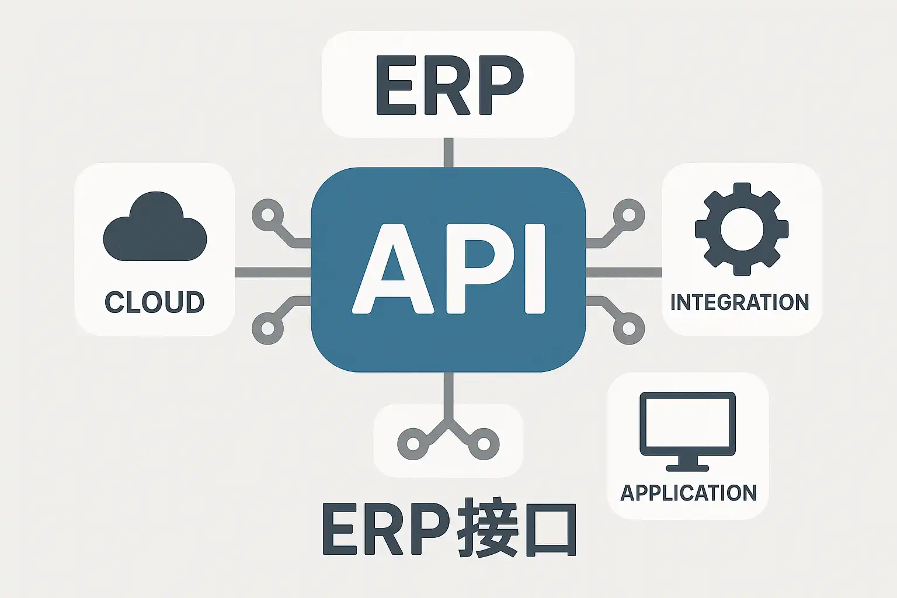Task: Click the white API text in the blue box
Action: (x=448, y=269)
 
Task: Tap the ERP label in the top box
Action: (x=448, y=85)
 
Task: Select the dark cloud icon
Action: (x=155, y=228)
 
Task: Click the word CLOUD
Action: (x=155, y=302)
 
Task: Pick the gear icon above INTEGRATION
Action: (x=742, y=229)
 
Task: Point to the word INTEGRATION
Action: (x=740, y=303)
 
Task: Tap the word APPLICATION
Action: (x=689, y=493)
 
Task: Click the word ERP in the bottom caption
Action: (x=385, y=528)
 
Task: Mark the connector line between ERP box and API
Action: (x=448, y=152)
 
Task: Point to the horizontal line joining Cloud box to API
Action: (x=273, y=272)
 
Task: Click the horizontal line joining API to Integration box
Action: (x=624, y=272)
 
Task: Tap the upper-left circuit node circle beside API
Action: (x=267, y=215)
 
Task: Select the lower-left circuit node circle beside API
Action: (x=267, y=329)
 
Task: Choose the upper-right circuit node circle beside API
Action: (x=629, y=215)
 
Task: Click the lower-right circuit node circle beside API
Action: (x=629, y=329)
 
